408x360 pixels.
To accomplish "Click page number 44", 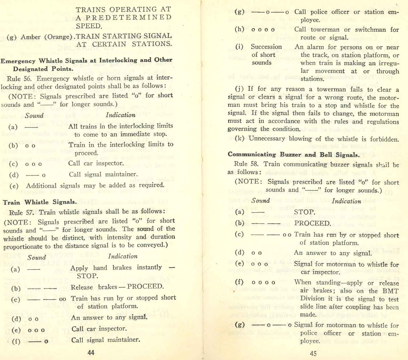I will point(91,353).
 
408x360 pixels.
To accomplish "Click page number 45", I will point(313,353).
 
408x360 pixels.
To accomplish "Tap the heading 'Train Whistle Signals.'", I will point(40,202).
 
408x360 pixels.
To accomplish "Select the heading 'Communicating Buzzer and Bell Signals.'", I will point(293,155).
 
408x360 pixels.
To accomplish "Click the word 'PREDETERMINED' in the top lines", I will point(124,17).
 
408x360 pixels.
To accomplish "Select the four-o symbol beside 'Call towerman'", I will point(263,30).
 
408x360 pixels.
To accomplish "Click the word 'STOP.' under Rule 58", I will point(305,212).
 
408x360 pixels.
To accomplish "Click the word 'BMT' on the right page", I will point(390,291).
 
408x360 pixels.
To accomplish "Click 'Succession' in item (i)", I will point(266,47).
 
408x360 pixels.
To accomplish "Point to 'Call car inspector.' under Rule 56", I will point(96,163).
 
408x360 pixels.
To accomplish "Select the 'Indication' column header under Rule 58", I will point(346,201).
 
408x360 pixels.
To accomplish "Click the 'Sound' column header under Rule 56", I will point(34,116).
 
